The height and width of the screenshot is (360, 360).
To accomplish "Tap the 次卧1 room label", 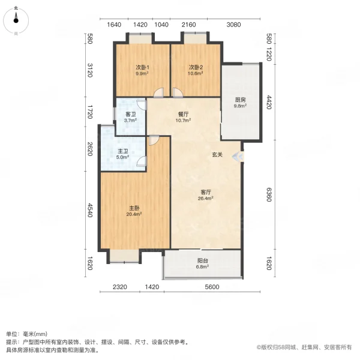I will tap(142, 67).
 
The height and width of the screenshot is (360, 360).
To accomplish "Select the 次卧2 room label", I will tap(196, 67).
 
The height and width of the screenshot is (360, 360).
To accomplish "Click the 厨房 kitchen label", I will tap(240, 100).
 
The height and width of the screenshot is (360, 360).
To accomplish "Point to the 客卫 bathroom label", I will tap(130, 114).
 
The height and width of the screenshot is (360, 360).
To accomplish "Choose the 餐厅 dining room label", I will tap(183, 113).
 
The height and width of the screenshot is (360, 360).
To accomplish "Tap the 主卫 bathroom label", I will tap(123, 152).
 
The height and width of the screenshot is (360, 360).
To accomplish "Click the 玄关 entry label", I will tap(217, 155).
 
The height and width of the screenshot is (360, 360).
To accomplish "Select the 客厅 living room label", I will tap(206, 193).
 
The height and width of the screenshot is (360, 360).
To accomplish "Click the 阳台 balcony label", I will tap(203, 261).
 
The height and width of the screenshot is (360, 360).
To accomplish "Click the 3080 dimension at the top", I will tap(234, 25).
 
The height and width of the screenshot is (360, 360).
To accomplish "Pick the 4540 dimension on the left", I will tap(90, 211).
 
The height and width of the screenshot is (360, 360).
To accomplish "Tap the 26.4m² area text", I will tap(206, 200).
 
